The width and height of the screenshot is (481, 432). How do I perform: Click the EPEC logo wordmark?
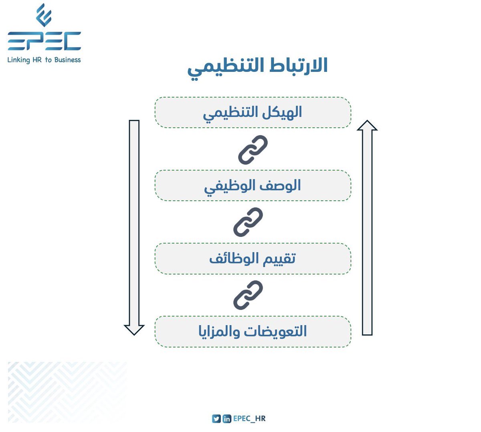tap(44, 41)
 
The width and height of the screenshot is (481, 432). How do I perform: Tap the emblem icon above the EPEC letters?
tap(43, 15)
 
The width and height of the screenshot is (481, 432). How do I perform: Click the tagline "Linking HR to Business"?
tap(44, 60)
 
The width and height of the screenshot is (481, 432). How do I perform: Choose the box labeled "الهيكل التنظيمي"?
tap(253, 112)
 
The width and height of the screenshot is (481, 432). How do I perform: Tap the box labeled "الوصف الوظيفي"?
tap(253, 185)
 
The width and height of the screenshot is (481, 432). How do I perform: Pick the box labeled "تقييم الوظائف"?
tap(253, 259)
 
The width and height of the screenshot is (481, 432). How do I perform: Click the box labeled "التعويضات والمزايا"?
tap(253, 332)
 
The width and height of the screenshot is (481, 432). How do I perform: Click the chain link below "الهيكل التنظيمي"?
tap(253, 149)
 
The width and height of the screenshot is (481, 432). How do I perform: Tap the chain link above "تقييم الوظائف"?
tap(248, 222)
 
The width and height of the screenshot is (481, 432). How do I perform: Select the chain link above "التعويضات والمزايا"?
tap(248, 295)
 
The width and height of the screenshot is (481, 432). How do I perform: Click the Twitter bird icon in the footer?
tap(216, 419)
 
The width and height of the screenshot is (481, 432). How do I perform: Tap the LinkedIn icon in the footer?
tap(227, 419)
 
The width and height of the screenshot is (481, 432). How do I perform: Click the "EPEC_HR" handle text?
tap(249, 419)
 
